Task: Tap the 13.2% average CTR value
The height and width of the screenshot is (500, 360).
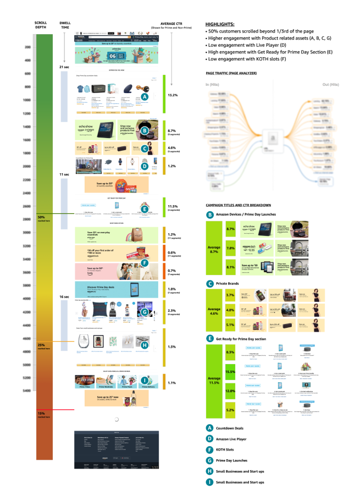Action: tap(173, 95)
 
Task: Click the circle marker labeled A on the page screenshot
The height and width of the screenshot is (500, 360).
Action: tap(145, 96)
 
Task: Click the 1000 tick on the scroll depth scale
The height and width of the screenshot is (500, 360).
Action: tap(26, 101)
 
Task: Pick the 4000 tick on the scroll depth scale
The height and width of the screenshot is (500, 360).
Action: tap(26, 299)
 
